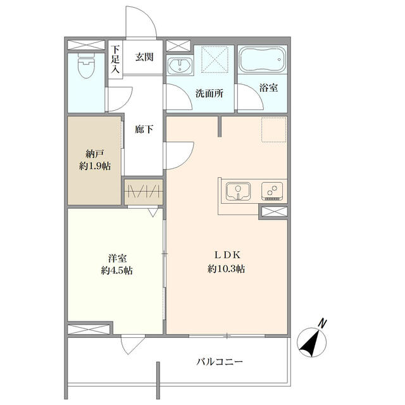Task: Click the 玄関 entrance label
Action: pos(144,57)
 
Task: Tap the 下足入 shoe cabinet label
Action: pos(115,59)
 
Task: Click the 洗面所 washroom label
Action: pos(209,93)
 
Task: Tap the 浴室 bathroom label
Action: pos(268,89)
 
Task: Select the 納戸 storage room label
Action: pos(94,153)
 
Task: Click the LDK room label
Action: pos(226,255)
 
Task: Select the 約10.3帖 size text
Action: pos(226,269)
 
